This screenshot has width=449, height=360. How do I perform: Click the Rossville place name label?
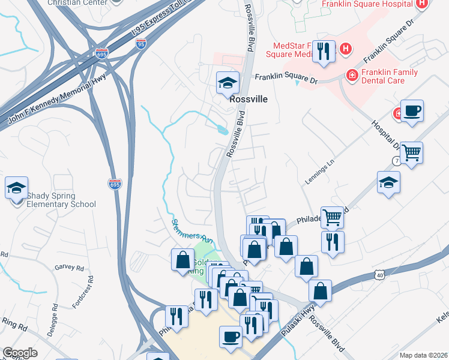point(249,100)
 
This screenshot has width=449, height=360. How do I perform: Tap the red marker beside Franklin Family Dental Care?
point(352,75)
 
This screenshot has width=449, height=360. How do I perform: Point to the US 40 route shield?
point(380,274)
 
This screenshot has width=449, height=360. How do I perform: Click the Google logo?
point(20,353)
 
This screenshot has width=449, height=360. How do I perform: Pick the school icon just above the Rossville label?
point(228,83)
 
